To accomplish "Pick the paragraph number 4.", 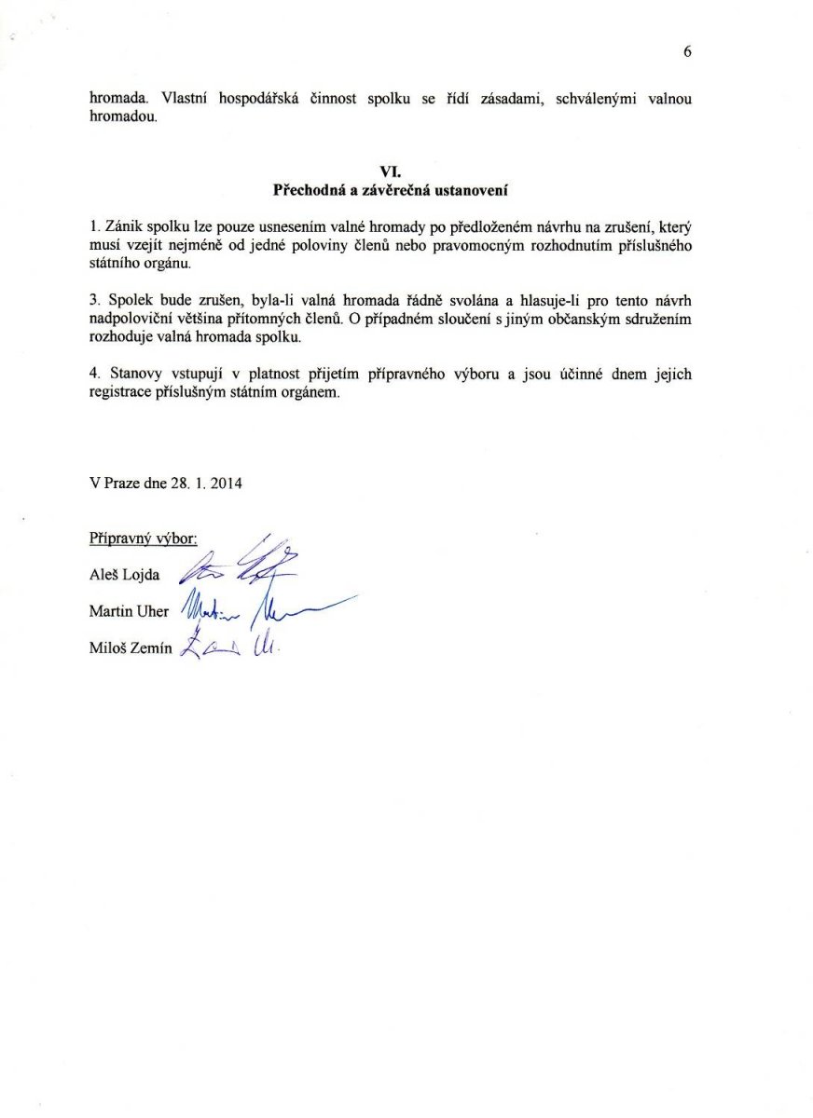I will pyautogui.click(x=93, y=375).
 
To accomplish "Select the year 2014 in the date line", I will pyautogui.click(x=227, y=484).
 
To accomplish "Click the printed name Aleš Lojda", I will pyautogui.click(x=124, y=575).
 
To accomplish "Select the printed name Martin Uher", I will pyautogui.click(x=129, y=612).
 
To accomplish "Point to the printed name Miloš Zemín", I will pyautogui.click(x=131, y=649).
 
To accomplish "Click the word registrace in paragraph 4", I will pyautogui.click(x=121, y=393).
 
